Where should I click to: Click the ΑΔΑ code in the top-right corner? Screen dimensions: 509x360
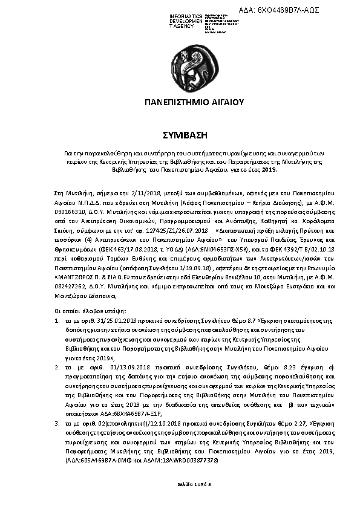pos(289,11)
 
